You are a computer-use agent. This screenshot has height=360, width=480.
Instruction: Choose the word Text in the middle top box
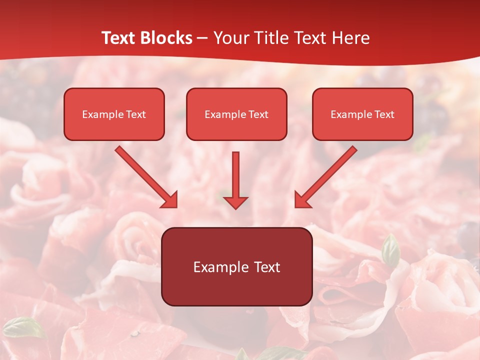[x=258, y=114]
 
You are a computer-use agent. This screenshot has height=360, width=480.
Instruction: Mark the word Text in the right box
[x=384, y=114]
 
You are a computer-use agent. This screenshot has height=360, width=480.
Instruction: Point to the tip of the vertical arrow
[x=235, y=207]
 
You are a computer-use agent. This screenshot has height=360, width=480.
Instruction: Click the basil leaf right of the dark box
[x=390, y=250]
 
